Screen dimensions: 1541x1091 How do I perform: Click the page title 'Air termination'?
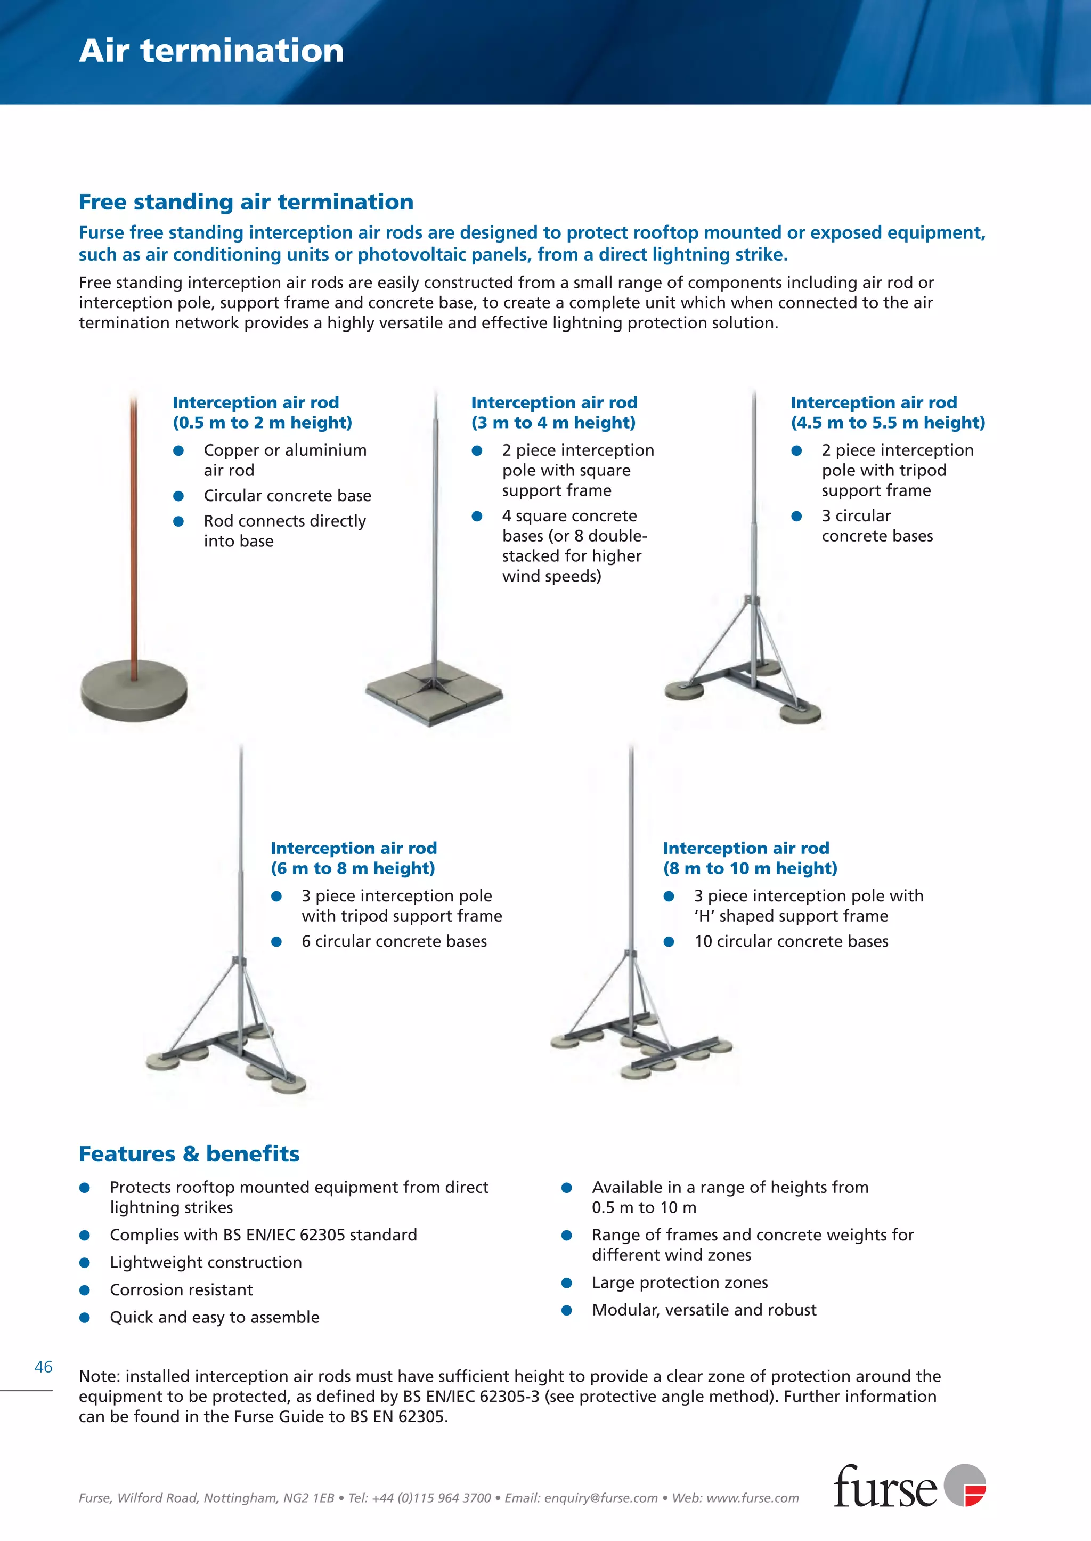tap(211, 51)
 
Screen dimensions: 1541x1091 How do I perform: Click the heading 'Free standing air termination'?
tap(246, 201)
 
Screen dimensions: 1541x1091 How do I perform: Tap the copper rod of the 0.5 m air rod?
tap(134, 538)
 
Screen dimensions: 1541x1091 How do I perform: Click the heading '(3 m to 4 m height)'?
tap(553, 423)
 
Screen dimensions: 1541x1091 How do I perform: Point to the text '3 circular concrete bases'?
tap(877, 526)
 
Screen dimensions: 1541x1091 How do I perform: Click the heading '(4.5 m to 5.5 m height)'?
tap(888, 423)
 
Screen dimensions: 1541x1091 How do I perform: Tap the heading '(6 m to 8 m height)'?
tap(353, 868)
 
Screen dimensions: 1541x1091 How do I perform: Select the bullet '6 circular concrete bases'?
tap(394, 941)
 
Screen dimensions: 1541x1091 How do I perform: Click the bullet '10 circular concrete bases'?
tap(791, 941)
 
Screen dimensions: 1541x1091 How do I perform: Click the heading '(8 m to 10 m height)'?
tap(750, 868)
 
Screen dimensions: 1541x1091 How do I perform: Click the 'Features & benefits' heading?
tap(189, 1154)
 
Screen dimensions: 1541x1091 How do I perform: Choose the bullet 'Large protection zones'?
tap(679, 1282)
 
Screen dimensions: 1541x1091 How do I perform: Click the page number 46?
tap(43, 1367)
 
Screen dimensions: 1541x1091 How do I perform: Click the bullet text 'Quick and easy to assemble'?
tap(214, 1317)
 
